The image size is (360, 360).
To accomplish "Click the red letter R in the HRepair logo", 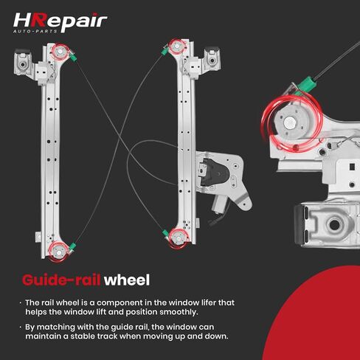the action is [x=39, y=20].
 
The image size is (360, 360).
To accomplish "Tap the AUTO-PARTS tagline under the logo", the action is [x=35, y=31].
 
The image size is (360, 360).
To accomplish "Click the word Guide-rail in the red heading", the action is [x=61, y=280].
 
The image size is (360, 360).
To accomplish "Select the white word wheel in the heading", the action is [x=127, y=280].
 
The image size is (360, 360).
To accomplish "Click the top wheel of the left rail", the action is [x=60, y=52].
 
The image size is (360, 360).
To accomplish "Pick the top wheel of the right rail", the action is [x=177, y=46].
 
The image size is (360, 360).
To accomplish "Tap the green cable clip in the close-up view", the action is [x=306, y=84].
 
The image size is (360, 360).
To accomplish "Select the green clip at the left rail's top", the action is [x=73, y=57].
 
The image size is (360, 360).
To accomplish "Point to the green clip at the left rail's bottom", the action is [x=72, y=246].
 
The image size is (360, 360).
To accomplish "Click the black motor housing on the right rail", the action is [x=213, y=172].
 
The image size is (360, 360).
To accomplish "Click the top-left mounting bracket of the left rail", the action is [x=23, y=63].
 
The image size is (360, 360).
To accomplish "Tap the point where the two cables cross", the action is [x=120, y=139].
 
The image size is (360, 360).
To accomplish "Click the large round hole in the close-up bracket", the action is [x=334, y=224].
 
